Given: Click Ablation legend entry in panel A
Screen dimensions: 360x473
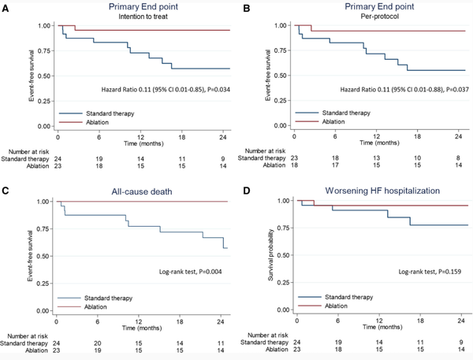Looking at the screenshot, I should [84, 122].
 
